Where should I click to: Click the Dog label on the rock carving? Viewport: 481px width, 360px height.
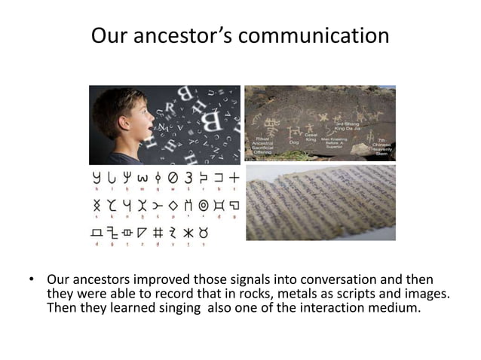(292, 141)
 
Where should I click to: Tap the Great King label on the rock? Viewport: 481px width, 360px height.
(310, 136)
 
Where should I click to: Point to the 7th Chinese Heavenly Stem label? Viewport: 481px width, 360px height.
(381, 145)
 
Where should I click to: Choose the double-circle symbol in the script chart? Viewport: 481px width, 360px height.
(202, 204)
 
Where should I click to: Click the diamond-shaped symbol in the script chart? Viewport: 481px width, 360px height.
(173, 204)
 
